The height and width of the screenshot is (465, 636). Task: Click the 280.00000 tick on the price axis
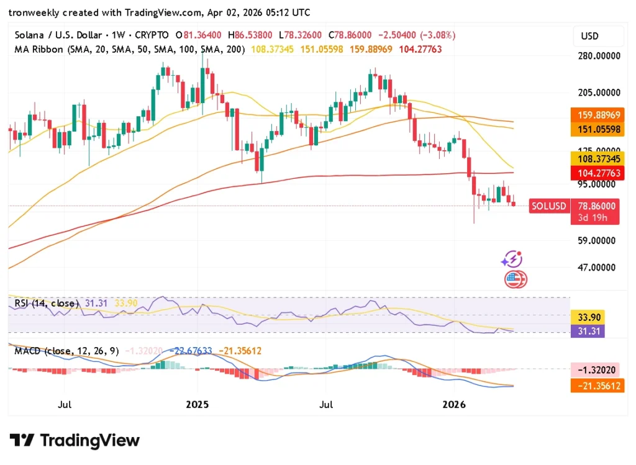[x=599, y=56]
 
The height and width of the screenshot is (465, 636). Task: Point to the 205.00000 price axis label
[x=599, y=93]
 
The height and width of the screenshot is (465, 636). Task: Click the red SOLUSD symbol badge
[x=548, y=206]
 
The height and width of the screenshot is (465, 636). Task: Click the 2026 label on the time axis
[x=454, y=405]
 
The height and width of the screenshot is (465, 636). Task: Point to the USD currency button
[x=589, y=36]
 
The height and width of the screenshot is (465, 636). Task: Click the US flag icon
[x=515, y=279]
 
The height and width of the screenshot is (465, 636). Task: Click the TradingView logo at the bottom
[x=75, y=441]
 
